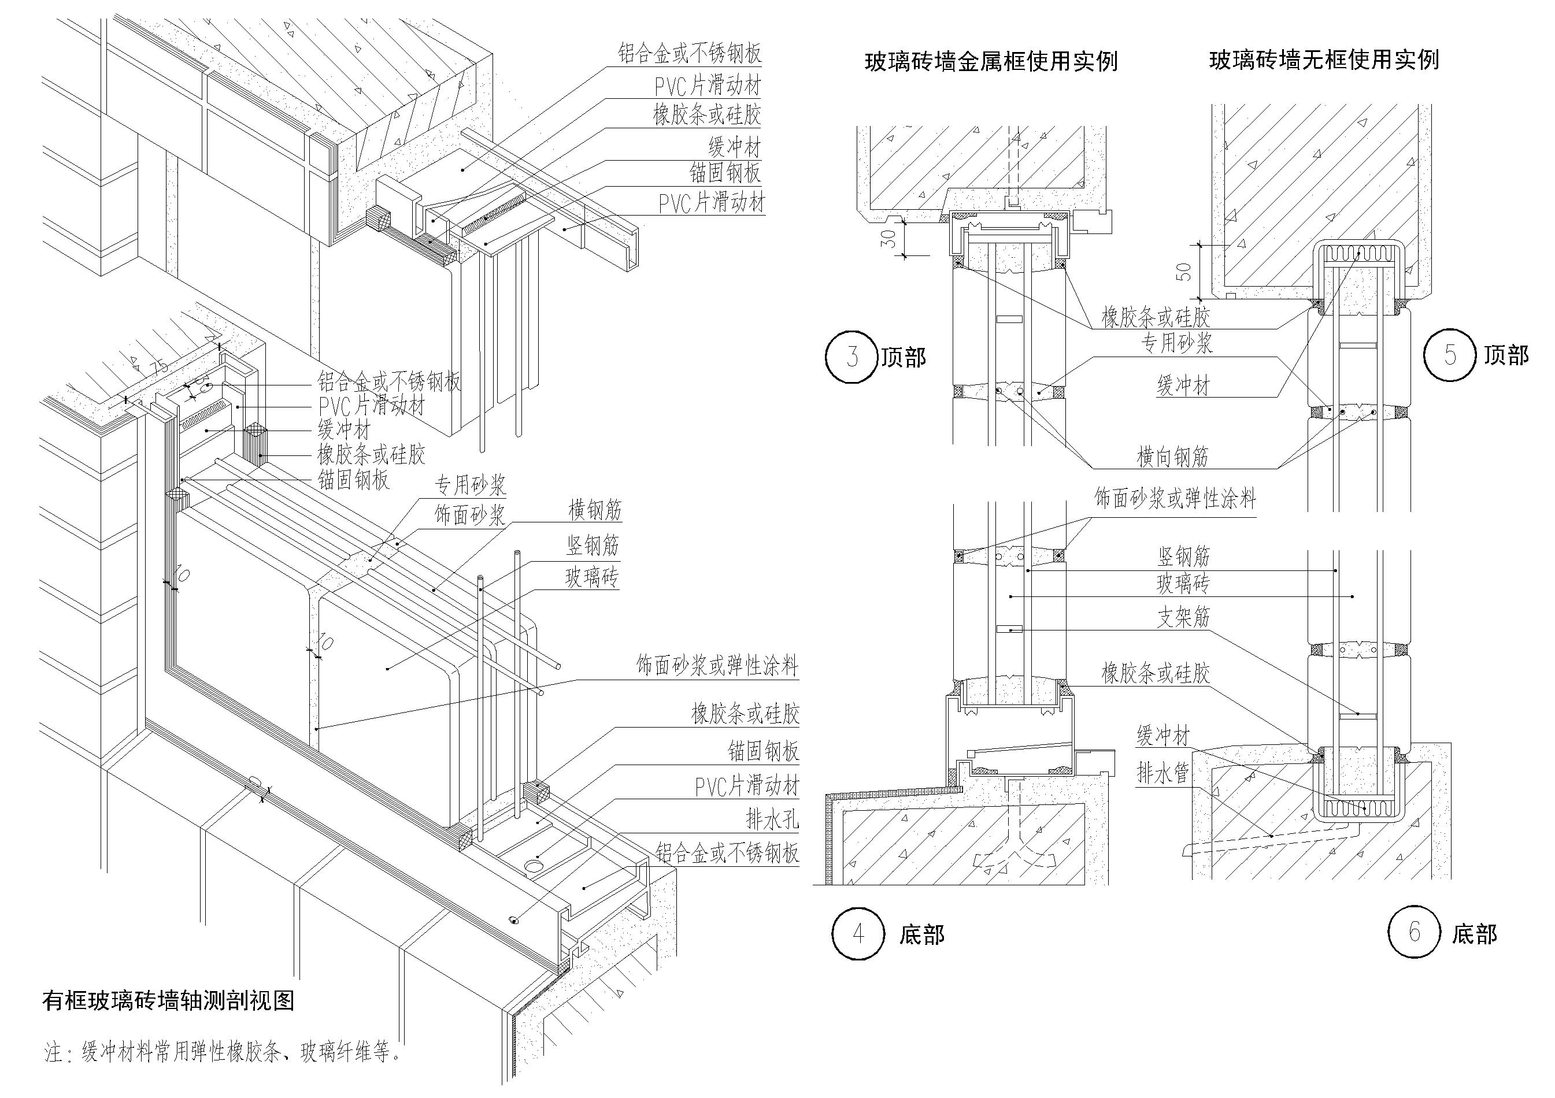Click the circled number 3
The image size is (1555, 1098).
pyautogui.click(x=851, y=357)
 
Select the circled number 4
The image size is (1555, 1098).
pyautogui.click(x=858, y=934)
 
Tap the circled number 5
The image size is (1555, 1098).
pyautogui.click(x=1449, y=354)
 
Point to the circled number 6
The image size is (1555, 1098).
pyautogui.click(x=1414, y=932)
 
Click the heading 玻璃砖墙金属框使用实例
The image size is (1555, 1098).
pyautogui.click(x=991, y=62)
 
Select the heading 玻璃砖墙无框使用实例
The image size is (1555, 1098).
pyautogui.click(x=1323, y=60)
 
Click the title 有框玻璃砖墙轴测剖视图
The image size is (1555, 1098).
pyautogui.click(x=168, y=1000)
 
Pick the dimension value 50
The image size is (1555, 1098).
pyautogui.click(x=1183, y=272)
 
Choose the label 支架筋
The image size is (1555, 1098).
pyautogui.click(x=1183, y=617)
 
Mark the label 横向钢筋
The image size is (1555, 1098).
pyautogui.click(x=1172, y=458)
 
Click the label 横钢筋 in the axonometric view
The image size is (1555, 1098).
pyautogui.click(x=595, y=510)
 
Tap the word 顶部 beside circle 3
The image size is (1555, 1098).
pyautogui.click(x=904, y=357)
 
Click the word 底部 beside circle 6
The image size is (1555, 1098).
pyautogui.click(x=1475, y=935)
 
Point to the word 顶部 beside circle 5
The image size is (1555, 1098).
pyautogui.click(x=1506, y=355)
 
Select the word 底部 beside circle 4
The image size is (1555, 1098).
pyautogui.click(x=922, y=935)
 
